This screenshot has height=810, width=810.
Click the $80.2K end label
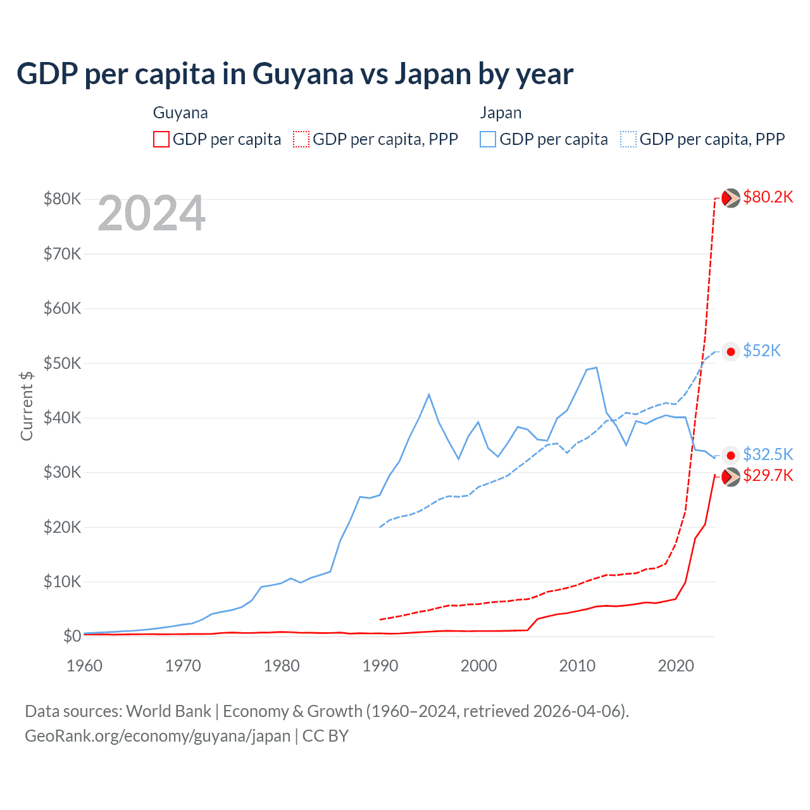point(768,197)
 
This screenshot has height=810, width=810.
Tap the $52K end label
point(762,351)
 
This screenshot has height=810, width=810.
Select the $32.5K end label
point(768,454)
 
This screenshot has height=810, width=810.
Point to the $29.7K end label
point(768,476)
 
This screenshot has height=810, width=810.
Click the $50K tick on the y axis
point(62,363)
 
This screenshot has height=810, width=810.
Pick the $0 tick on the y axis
point(72,636)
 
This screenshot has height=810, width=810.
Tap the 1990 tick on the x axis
point(380,666)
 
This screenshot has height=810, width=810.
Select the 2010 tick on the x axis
point(577,666)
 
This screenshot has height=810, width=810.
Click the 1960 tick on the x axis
point(85,666)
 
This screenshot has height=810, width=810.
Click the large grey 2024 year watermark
point(152,213)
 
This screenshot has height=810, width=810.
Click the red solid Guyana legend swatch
point(161,139)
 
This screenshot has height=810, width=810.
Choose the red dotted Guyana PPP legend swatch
point(301,139)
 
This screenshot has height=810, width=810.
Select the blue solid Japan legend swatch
point(488,139)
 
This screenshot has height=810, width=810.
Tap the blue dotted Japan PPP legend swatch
point(628,139)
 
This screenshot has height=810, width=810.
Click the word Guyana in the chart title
point(302,74)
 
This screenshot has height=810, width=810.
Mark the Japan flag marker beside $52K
point(731,352)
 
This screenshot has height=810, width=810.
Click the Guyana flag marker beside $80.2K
point(731,198)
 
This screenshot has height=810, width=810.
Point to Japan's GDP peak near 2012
point(596,367)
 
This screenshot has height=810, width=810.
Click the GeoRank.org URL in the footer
point(158,736)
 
